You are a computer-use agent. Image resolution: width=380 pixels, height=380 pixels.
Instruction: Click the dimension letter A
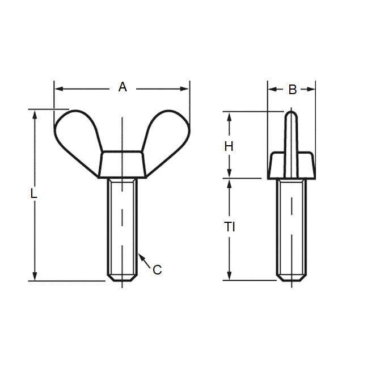click(122, 87)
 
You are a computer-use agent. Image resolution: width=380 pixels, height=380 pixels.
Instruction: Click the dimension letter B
click(292, 89)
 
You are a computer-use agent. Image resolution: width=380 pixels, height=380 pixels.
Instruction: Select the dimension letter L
click(34, 193)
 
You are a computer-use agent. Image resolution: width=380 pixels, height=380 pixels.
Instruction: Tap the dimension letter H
click(229, 146)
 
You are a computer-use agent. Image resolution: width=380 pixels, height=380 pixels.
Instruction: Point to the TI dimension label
click(229, 227)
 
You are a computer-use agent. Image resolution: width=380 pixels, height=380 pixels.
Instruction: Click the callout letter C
click(157, 270)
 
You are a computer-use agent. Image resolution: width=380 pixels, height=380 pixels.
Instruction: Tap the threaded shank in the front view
click(122, 227)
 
